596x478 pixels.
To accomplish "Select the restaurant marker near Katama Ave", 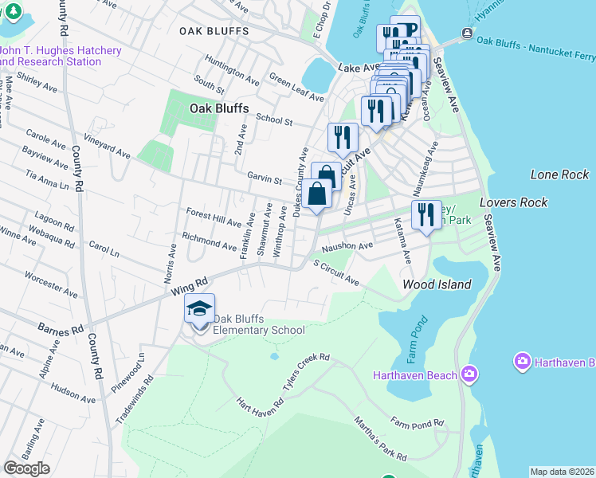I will tap(426, 215).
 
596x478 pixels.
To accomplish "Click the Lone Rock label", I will tap(559, 174).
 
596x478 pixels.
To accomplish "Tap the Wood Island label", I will tap(437, 284).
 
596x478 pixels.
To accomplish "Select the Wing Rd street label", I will tap(188, 288).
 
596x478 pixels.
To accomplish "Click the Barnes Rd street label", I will tap(61, 329).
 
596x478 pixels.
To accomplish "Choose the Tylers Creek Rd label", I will tap(306, 373).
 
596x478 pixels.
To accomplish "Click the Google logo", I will tap(26, 468).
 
